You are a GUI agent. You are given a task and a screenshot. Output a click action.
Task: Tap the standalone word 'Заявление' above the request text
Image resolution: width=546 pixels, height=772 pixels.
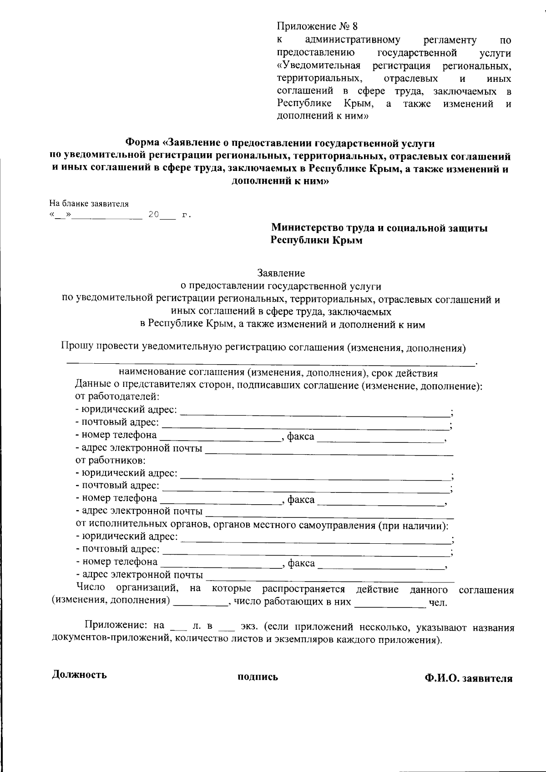(x=281, y=273)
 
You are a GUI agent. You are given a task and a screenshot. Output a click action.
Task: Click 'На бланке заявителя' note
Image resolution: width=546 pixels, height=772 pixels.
(x=89, y=204)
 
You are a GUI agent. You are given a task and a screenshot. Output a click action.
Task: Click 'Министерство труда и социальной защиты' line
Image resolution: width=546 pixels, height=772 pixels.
(x=379, y=228)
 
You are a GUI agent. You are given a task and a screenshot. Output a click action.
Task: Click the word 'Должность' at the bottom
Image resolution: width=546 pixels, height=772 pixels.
(x=80, y=674)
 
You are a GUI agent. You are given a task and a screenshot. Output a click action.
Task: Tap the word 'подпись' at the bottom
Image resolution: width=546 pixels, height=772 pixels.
(x=258, y=677)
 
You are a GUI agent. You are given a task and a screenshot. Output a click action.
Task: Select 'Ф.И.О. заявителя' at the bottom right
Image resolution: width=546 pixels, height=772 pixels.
(x=468, y=678)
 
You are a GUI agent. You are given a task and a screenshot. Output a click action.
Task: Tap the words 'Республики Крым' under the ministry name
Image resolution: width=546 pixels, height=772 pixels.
(x=317, y=241)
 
